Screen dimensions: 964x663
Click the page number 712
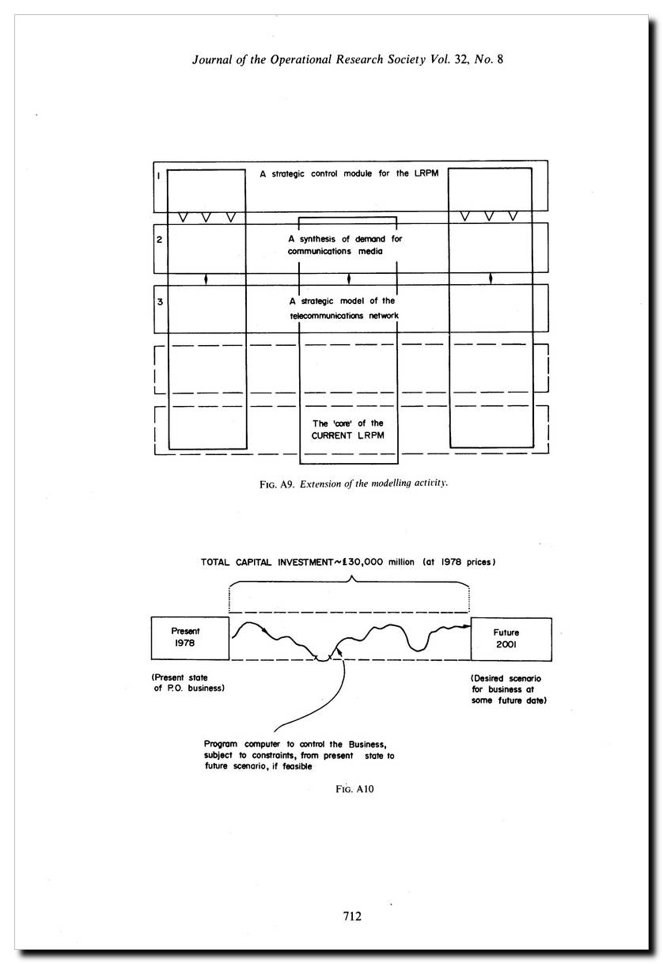[x=352, y=916]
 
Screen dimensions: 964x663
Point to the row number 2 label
[x=159, y=239]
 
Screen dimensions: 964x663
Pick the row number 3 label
[x=159, y=302]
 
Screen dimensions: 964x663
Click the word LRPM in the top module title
[x=423, y=173]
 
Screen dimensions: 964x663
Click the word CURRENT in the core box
[x=332, y=436]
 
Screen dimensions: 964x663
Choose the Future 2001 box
[x=506, y=639]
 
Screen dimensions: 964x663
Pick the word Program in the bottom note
[x=222, y=744]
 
